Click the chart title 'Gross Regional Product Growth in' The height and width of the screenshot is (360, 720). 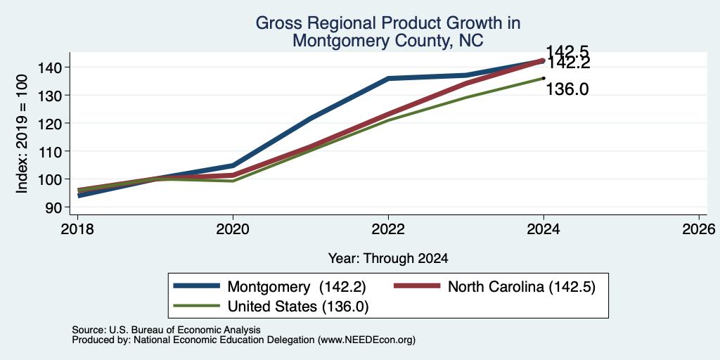click(387, 23)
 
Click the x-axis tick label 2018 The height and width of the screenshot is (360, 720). click(77, 229)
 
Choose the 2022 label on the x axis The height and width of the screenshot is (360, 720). click(388, 229)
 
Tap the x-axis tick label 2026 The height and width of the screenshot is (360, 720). click(700, 229)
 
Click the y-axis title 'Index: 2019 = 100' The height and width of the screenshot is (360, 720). click(22, 134)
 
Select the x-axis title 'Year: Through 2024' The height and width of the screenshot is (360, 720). click(388, 259)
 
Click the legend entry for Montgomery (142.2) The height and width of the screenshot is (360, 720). click(269, 287)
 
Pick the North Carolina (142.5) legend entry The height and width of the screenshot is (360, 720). click(494, 287)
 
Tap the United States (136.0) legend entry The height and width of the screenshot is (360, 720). click(271, 306)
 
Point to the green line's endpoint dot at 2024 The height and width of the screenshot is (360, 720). click(544, 78)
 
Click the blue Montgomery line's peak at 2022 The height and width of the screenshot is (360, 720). click(388, 79)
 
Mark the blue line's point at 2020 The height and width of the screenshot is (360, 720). click(233, 165)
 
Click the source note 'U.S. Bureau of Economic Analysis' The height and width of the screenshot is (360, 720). click(185, 330)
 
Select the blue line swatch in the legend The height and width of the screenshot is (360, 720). click(197, 286)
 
